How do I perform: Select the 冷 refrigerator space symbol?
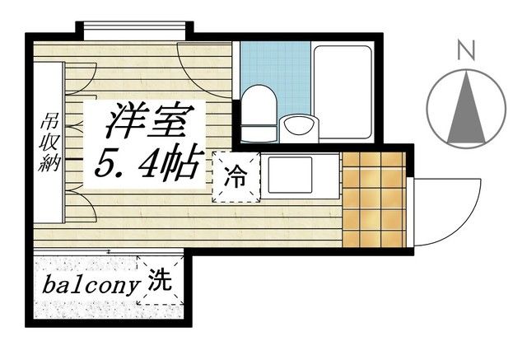coord(236,175)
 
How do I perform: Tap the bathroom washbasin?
coord(299,128)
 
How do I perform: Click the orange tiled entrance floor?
coord(375,198)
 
